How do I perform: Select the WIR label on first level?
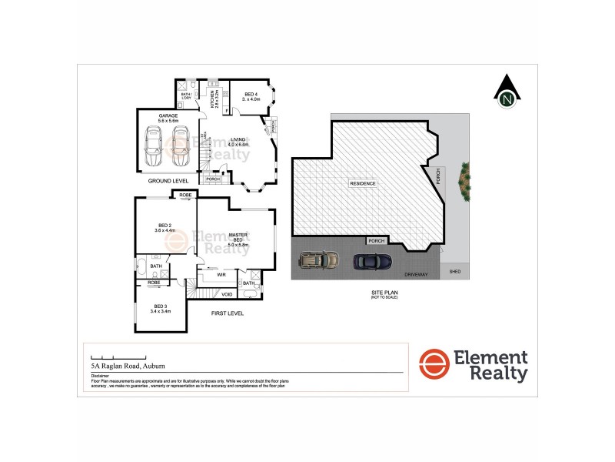pos(221,274)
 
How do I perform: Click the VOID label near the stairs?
pos(227,294)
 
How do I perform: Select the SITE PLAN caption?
pos(377,293)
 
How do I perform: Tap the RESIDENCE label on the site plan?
pos(363,184)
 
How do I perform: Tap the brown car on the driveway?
pos(317,259)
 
